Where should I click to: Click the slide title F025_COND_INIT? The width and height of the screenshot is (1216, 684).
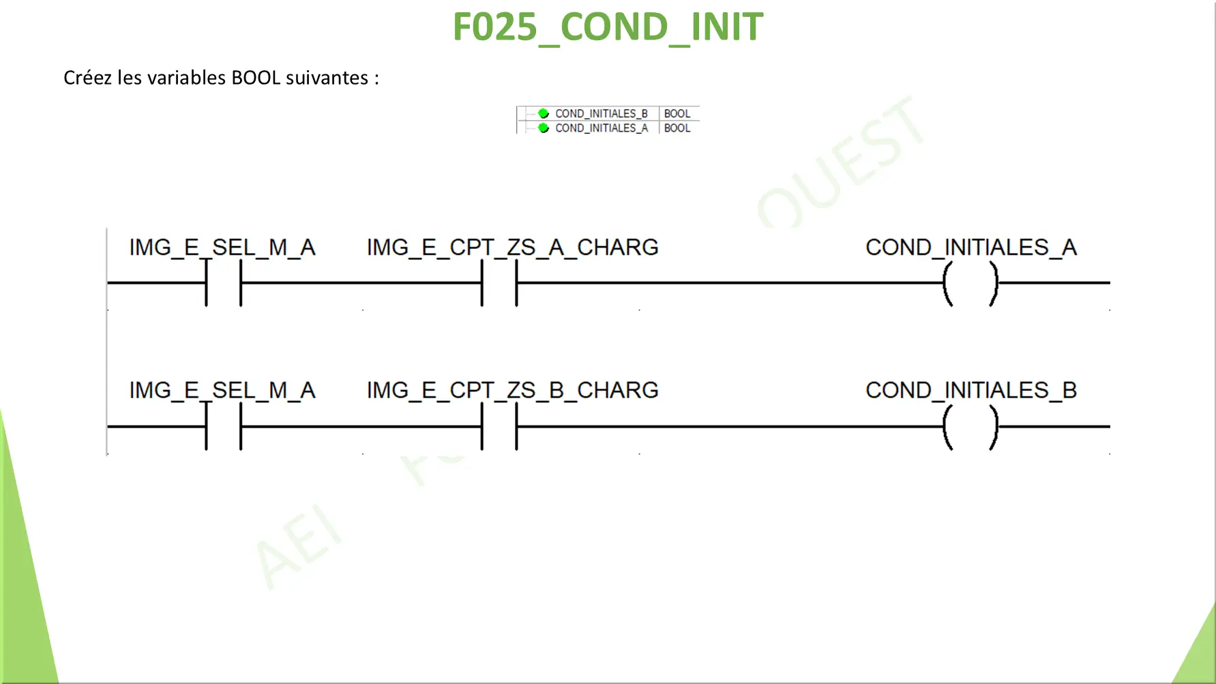(608, 28)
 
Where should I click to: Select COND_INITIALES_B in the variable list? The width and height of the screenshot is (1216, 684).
(601, 114)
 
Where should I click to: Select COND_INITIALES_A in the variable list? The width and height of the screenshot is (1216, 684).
(601, 128)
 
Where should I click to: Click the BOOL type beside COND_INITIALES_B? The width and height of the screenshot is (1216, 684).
(677, 114)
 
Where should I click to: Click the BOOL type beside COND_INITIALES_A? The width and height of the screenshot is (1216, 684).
(677, 128)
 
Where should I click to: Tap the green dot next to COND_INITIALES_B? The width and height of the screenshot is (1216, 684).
(544, 113)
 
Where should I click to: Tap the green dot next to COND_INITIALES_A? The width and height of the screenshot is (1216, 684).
(544, 128)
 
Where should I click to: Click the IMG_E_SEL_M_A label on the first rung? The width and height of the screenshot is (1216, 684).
(222, 248)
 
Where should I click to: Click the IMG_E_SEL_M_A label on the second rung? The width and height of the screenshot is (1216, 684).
(222, 391)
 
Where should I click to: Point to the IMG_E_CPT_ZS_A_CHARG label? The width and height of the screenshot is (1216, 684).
(512, 248)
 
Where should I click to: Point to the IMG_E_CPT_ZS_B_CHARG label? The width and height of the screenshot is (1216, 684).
(512, 391)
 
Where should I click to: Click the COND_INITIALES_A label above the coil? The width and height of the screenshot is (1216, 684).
(971, 248)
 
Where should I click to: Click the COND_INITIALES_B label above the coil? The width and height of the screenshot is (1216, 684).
(971, 391)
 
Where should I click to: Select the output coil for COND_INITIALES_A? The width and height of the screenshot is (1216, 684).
(947, 283)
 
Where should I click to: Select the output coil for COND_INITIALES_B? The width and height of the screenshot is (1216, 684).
(947, 426)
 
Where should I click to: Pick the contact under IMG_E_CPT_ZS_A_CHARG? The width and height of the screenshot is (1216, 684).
(482, 283)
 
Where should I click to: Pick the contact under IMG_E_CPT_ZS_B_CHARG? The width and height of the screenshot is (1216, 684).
(482, 426)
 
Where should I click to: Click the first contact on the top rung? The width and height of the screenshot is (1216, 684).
(207, 283)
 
